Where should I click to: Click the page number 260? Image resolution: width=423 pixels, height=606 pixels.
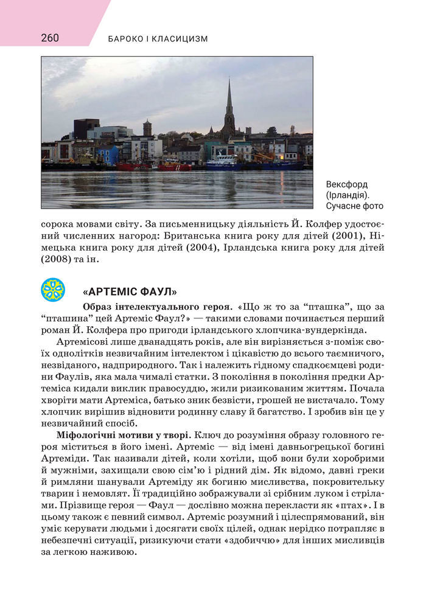point(50,38)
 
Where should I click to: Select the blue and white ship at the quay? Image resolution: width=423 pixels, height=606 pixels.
point(223,162)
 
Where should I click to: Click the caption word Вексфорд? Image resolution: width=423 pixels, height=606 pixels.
point(346,184)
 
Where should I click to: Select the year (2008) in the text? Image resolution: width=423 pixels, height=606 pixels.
point(57,259)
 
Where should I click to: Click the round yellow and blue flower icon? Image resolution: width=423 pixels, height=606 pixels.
point(53,290)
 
